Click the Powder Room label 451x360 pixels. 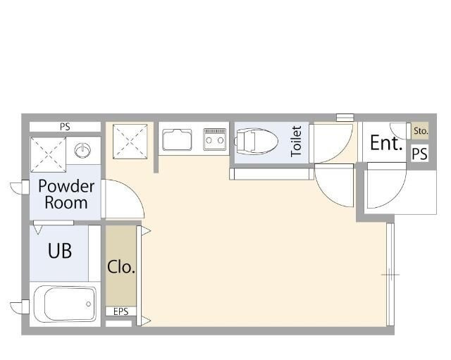point(66,194)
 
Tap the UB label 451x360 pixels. point(60,251)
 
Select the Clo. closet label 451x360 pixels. point(121,267)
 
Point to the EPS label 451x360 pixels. point(121,311)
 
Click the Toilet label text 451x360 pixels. point(296,142)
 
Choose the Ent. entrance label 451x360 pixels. point(386,143)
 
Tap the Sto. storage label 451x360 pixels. point(421,131)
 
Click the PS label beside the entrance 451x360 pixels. point(420,154)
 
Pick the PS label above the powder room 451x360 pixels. point(65,127)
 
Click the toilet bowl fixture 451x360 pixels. point(256,142)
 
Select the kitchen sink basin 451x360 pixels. point(177,140)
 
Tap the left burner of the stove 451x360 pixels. point(209,140)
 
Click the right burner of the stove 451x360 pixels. point(221,140)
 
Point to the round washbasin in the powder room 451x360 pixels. point(82,150)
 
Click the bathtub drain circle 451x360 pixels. point(89,304)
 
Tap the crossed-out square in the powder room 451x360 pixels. point(48,154)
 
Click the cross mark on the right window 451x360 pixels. point(390,275)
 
